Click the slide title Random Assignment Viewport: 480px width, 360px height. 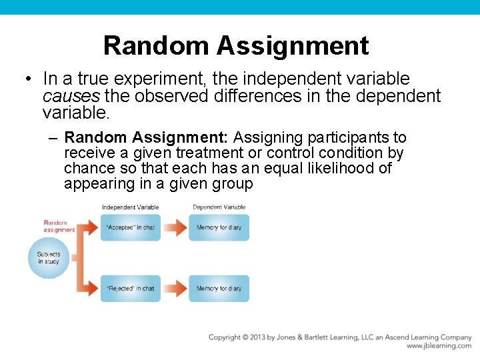[236, 45]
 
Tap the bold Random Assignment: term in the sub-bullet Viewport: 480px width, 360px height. [147, 138]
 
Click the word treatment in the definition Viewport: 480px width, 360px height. [218, 153]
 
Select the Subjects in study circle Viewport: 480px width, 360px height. [49, 257]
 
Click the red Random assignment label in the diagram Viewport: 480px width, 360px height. [59, 226]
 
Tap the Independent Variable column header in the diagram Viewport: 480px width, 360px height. [130, 207]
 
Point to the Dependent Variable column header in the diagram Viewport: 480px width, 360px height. [219, 207]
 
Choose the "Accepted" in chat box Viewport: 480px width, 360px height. [131, 227]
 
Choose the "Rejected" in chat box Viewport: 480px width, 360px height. [131, 289]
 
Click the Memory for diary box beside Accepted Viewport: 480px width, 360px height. [219, 227]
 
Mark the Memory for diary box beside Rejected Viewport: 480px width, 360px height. [219, 289]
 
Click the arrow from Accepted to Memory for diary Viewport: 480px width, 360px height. [175, 227]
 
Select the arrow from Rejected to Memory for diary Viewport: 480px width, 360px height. [175, 289]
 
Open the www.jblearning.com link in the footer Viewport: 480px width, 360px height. [439, 346]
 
